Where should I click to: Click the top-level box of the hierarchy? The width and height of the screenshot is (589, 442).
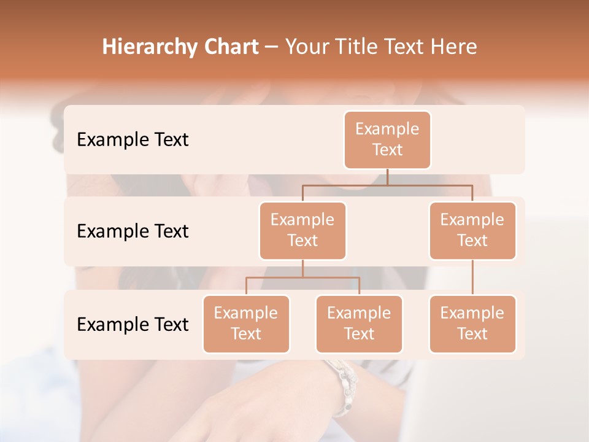[387, 139]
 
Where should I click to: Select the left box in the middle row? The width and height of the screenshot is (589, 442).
[302, 230]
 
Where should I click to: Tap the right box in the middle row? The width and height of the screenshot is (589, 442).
[472, 230]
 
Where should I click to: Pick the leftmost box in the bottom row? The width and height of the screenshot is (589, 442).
[246, 324]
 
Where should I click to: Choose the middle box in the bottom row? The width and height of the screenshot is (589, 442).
[359, 324]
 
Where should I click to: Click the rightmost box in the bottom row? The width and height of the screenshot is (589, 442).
[472, 324]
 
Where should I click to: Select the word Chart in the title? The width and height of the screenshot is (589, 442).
[229, 47]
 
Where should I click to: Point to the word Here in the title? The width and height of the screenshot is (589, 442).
[454, 47]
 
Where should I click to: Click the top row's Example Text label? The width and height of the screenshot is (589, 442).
[133, 139]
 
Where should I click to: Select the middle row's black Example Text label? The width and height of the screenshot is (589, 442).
[133, 231]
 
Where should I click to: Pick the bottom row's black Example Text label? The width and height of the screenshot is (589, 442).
[133, 324]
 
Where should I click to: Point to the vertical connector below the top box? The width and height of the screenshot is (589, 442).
[387, 177]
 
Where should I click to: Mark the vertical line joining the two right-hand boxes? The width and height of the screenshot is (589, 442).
[472, 277]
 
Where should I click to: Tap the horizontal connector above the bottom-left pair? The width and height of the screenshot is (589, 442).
[302, 277]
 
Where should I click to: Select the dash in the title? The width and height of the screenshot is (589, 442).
[272, 47]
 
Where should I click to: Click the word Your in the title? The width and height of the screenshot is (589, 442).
[306, 47]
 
